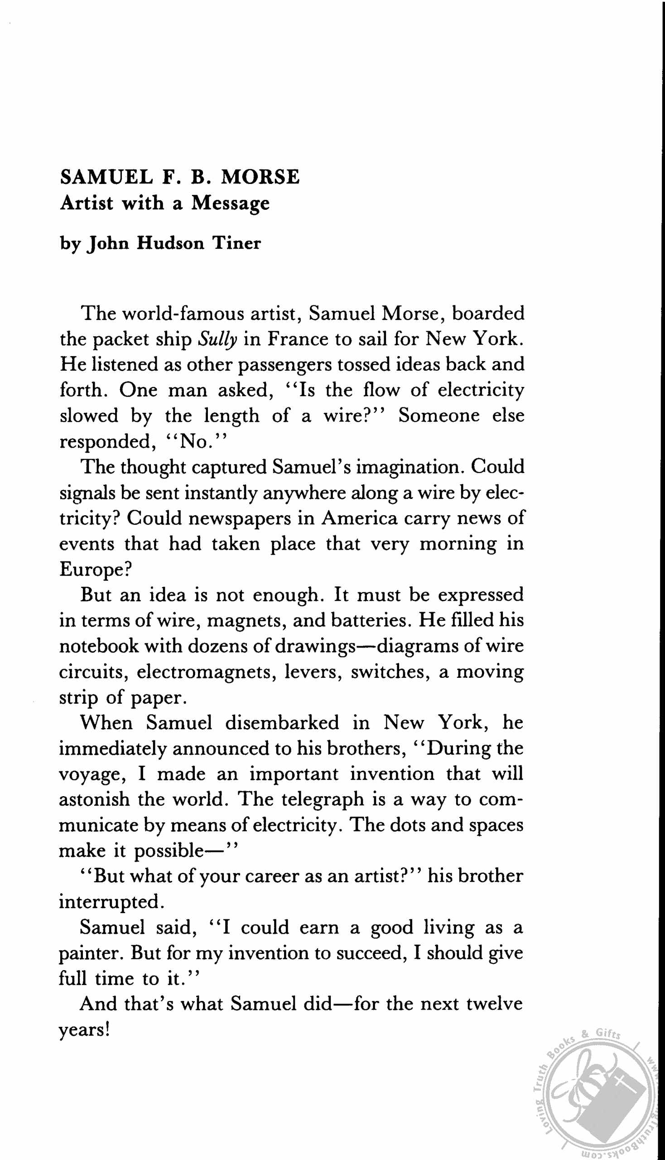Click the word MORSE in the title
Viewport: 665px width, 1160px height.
click(x=260, y=177)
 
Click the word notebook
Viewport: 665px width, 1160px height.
click(x=99, y=646)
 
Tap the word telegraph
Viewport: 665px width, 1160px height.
click(x=323, y=799)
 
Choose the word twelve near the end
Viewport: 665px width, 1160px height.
click(x=495, y=1004)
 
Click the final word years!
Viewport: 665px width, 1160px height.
click(x=85, y=1030)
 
